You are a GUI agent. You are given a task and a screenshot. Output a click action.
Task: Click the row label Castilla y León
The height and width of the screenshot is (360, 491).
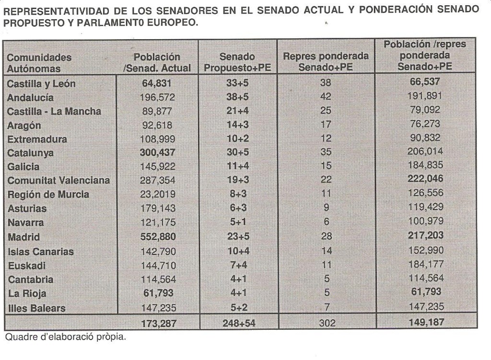click(x=41, y=84)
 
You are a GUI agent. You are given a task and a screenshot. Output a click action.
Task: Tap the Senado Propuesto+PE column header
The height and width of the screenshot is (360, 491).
click(x=237, y=63)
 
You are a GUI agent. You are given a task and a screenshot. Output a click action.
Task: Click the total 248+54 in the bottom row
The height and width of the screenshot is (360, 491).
click(x=239, y=323)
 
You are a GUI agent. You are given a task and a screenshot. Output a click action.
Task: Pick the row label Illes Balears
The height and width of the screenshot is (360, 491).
click(x=36, y=308)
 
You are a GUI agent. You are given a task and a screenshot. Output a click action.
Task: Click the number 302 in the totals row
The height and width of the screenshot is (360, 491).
click(x=328, y=323)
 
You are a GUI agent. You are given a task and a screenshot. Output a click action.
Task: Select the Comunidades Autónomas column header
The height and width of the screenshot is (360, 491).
click(x=39, y=63)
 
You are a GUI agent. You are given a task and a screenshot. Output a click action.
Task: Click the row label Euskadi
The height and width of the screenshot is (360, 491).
click(x=26, y=265)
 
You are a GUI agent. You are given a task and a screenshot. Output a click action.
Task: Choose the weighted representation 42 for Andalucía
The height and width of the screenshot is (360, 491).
click(x=326, y=97)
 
